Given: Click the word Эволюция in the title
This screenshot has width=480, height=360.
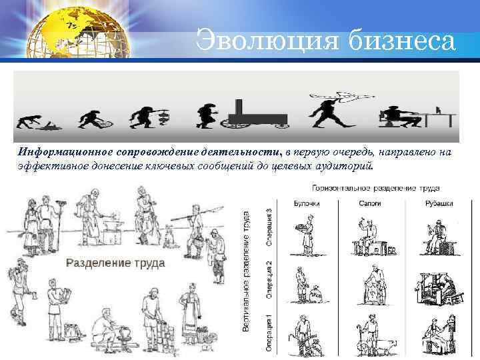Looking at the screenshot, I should (x=263, y=41).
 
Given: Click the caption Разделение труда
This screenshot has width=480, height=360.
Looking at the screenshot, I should (x=115, y=263).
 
